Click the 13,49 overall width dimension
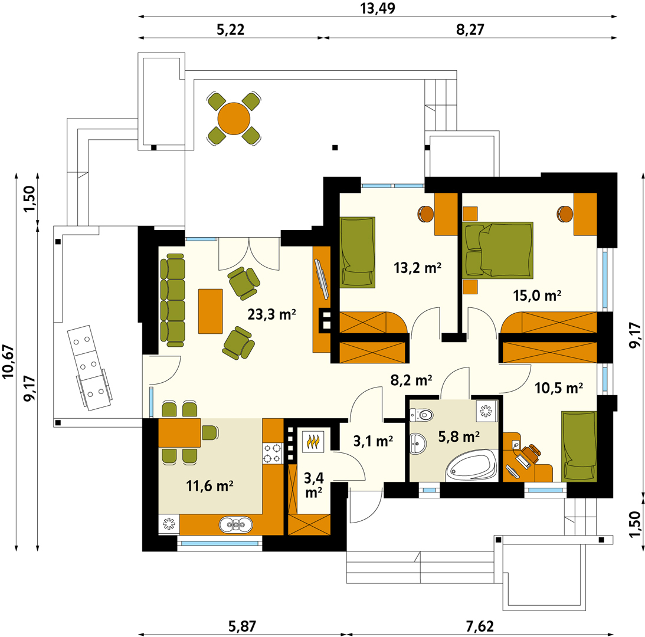click(x=378, y=8)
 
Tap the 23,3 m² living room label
click(x=271, y=314)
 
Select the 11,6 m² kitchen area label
click(x=210, y=486)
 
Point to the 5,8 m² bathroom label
click(x=459, y=436)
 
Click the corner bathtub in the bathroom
click(x=472, y=465)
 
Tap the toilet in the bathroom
click(x=421, y=415)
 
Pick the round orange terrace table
click(x=234, y=119)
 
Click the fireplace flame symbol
click(x=314, y=442)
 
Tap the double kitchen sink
click(x=235, y=525)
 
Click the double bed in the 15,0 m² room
click(x=497, y=250)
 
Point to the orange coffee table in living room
click(x=210, y=311)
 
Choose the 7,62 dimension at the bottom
click(x=480, y=626)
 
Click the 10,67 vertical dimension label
click(x=9, y=360)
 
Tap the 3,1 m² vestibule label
click(x=373, y=441)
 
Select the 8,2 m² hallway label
click(x=411, y=380)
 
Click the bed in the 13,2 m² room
click(x=358, y=251)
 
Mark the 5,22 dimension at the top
click(x=230, y=29)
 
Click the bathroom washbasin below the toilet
click(x=418, y=444)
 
